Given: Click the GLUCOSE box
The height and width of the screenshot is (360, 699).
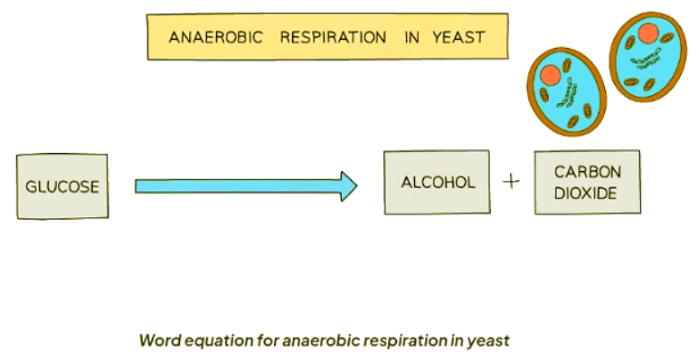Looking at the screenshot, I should (x=61, y=187).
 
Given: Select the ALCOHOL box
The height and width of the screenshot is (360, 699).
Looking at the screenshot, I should (x=437, y=183).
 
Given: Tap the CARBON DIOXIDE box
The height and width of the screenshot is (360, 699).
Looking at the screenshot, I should (x=587, y=183).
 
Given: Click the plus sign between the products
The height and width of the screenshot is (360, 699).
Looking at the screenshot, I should (x=512, y=182).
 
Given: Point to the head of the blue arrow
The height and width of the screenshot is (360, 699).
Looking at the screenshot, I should (x=348, y=186).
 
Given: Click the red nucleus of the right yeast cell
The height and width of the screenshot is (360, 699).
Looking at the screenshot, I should (x=647, y=34).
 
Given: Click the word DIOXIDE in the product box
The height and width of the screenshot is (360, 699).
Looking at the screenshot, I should (x=587, y=193).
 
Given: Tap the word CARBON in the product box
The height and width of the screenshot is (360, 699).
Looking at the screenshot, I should (x=587, y=172).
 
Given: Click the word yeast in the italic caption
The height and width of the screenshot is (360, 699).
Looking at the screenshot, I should (x=490, y=341).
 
